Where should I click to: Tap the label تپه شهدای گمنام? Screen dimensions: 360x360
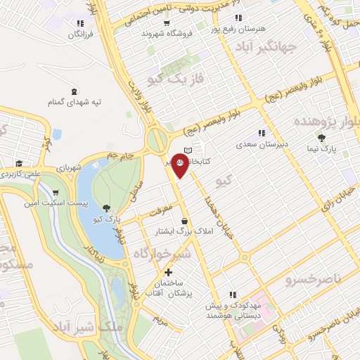coord(75,103)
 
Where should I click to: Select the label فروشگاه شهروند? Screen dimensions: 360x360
coord(162,33)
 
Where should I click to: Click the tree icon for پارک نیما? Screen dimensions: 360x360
coord(321,138)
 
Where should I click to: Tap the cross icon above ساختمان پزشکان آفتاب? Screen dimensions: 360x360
coord(167,272)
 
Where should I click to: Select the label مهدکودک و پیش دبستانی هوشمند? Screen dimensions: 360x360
coord(233,311)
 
